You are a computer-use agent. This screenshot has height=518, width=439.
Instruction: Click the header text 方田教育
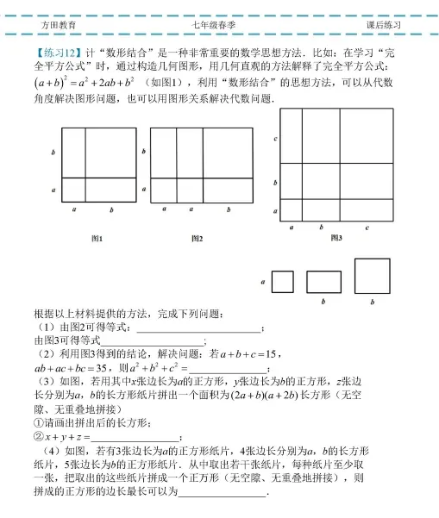[60, 25]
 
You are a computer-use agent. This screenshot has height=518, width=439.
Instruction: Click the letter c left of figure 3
[275, 139]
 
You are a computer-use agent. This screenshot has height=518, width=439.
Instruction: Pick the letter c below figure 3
[367, 228]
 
